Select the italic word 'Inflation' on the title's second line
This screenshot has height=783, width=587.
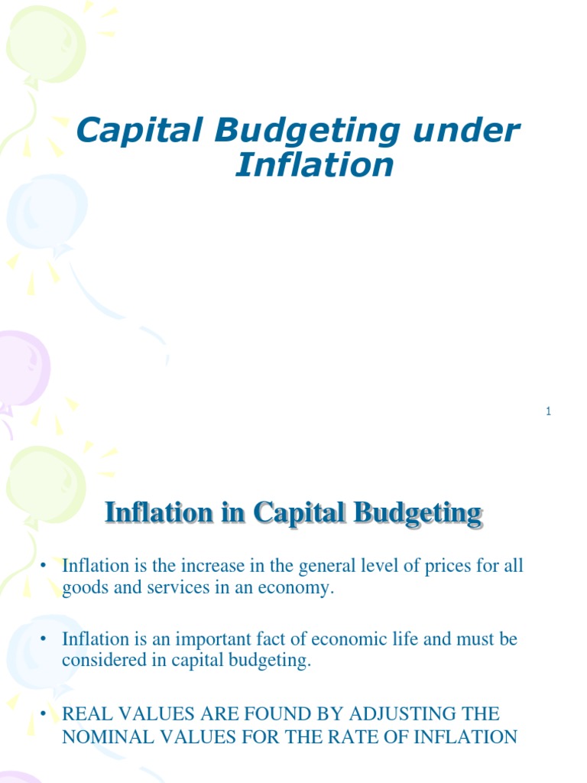(x=314, y=164)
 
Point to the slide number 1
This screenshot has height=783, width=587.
(x=549, y=412)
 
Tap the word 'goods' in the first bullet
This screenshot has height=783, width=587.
(x=83, y=590)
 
